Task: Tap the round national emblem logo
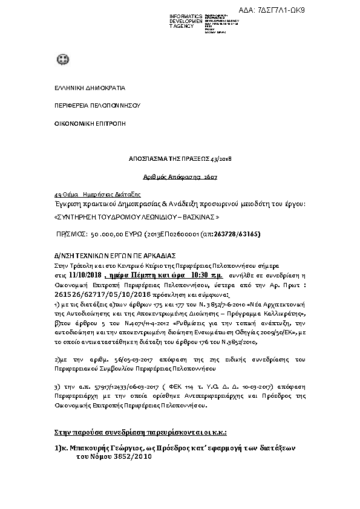tap(62, 59)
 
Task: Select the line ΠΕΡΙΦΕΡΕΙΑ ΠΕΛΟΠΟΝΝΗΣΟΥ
tap(89, 105)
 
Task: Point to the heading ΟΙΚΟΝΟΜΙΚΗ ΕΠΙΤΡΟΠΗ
tap(85, 123)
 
